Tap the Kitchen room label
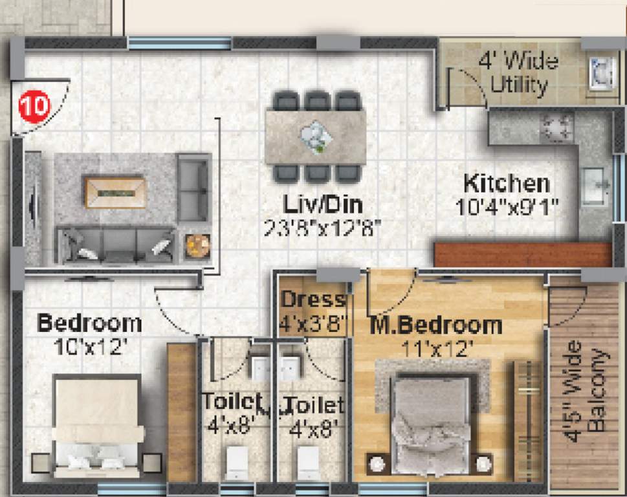pos(507,183)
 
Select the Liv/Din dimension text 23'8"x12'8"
pos(322,227)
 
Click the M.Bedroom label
pos(435,325)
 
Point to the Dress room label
pos(313,300)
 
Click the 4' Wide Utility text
pos(518,73)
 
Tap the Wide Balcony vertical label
pos(587,392)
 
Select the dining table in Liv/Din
pos(315,136)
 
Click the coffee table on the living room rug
pos(115,192)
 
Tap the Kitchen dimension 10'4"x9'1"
pos(507,208)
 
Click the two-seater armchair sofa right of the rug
pos(193,188)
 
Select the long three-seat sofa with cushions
pos(115,245)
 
